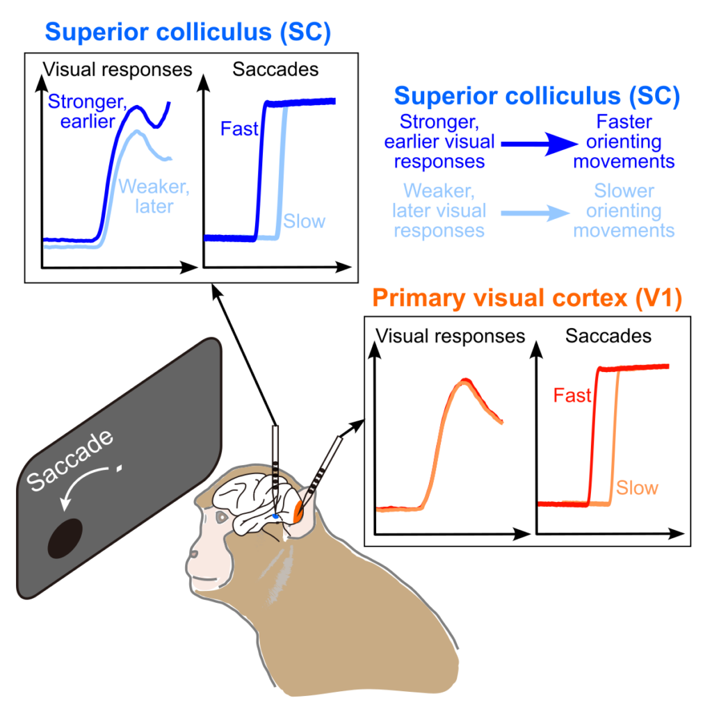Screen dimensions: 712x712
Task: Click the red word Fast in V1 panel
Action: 572,396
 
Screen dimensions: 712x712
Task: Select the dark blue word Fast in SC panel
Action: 239,129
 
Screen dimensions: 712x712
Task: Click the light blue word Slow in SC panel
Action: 304,222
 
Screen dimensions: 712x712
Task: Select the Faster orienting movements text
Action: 624,142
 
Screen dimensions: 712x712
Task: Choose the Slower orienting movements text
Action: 624,211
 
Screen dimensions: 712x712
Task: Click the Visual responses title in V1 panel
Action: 450,337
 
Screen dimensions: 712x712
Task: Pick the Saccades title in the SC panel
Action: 275,70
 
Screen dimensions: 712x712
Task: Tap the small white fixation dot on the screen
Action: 120,469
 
